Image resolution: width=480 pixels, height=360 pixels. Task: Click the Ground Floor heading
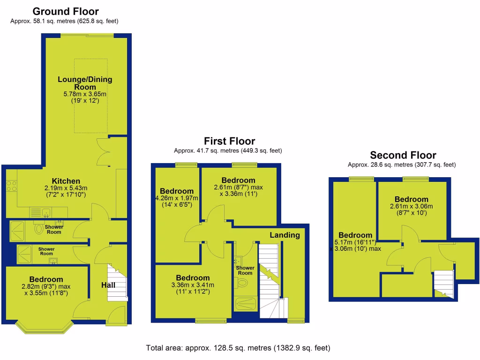click(66, 11)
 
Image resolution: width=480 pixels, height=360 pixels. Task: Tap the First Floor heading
click(229, 141)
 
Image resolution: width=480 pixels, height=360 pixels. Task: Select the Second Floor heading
click(403, 155)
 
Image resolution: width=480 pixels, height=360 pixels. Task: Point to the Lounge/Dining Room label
click(85, 83)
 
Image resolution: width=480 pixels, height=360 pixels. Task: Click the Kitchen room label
click(66, 181)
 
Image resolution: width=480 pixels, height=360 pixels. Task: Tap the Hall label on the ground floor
click(108, 285)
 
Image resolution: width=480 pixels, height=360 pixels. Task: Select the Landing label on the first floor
click(285, 235)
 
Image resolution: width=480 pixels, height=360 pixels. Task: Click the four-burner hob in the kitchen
click(11, 186)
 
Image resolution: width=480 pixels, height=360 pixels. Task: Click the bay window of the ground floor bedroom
click(45, 327)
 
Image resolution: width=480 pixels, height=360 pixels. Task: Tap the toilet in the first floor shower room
click(242, 283)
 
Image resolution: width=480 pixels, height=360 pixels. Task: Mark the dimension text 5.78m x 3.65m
click(85, 94)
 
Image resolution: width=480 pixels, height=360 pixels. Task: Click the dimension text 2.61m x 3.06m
click(411, 206)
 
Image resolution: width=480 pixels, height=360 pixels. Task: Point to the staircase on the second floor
click(443, 284)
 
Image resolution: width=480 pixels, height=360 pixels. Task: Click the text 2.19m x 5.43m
click(66, 188)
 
